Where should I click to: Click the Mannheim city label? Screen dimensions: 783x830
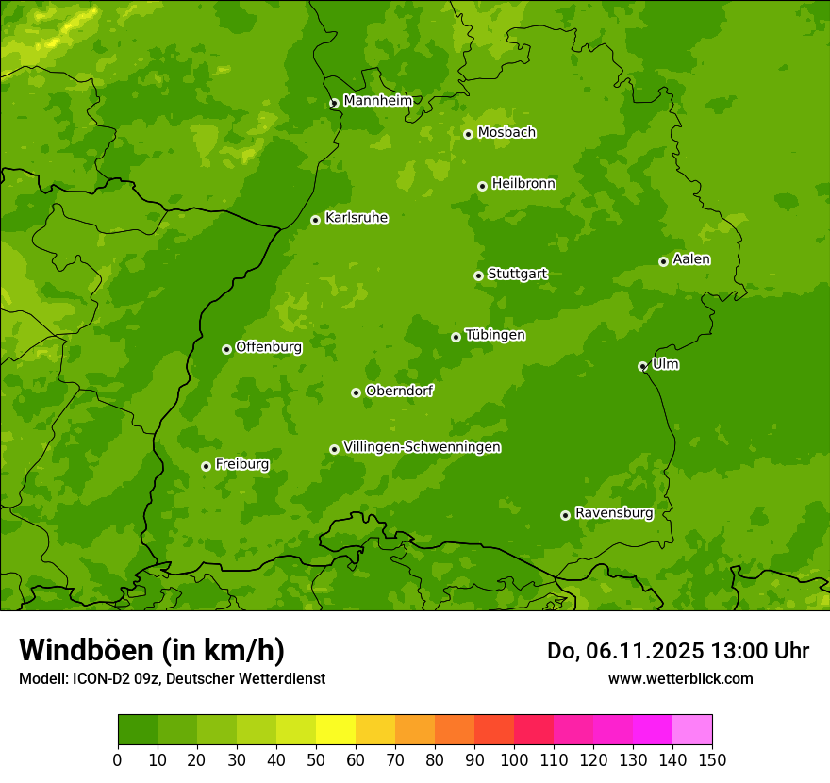[377, 100]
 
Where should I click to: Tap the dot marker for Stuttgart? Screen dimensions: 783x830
[478, 275]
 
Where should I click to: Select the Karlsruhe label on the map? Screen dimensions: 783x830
[357, 218]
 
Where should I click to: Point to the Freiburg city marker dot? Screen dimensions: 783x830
[206, 466]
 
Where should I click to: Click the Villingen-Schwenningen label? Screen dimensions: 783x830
[422, 447]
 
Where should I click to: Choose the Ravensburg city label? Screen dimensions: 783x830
[614, 513]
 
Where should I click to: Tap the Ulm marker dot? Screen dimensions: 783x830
[642, 366]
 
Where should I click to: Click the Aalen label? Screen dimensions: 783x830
[691, 259]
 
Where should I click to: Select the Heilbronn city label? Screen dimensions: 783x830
[523, 184]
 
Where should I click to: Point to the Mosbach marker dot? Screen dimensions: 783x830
[468, 134]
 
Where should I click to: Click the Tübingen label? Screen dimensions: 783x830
[495, 335]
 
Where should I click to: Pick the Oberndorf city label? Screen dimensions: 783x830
[399, 391]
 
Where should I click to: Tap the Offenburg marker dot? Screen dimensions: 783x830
[226, 349]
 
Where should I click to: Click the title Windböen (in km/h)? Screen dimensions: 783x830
[152, 650]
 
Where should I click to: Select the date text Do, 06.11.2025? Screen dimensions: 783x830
[625, 651]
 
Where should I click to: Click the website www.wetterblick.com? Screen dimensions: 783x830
[680, 678]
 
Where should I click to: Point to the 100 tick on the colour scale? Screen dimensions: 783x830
[514, 760]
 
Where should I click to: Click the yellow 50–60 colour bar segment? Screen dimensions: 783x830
[336, 730]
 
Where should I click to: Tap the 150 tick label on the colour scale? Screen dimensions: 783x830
[712, 760]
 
